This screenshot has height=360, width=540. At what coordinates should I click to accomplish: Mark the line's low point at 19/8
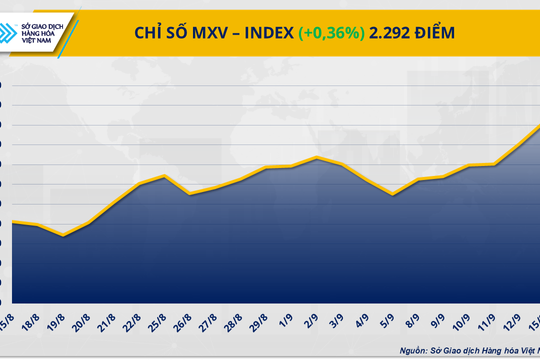tap(64, 236)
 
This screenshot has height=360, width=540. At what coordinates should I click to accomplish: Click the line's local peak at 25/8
tap(165, 176)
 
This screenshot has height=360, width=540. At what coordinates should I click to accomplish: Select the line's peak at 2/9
tap(317, 157)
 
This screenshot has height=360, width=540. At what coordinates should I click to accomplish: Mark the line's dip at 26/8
tap(190, 194)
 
